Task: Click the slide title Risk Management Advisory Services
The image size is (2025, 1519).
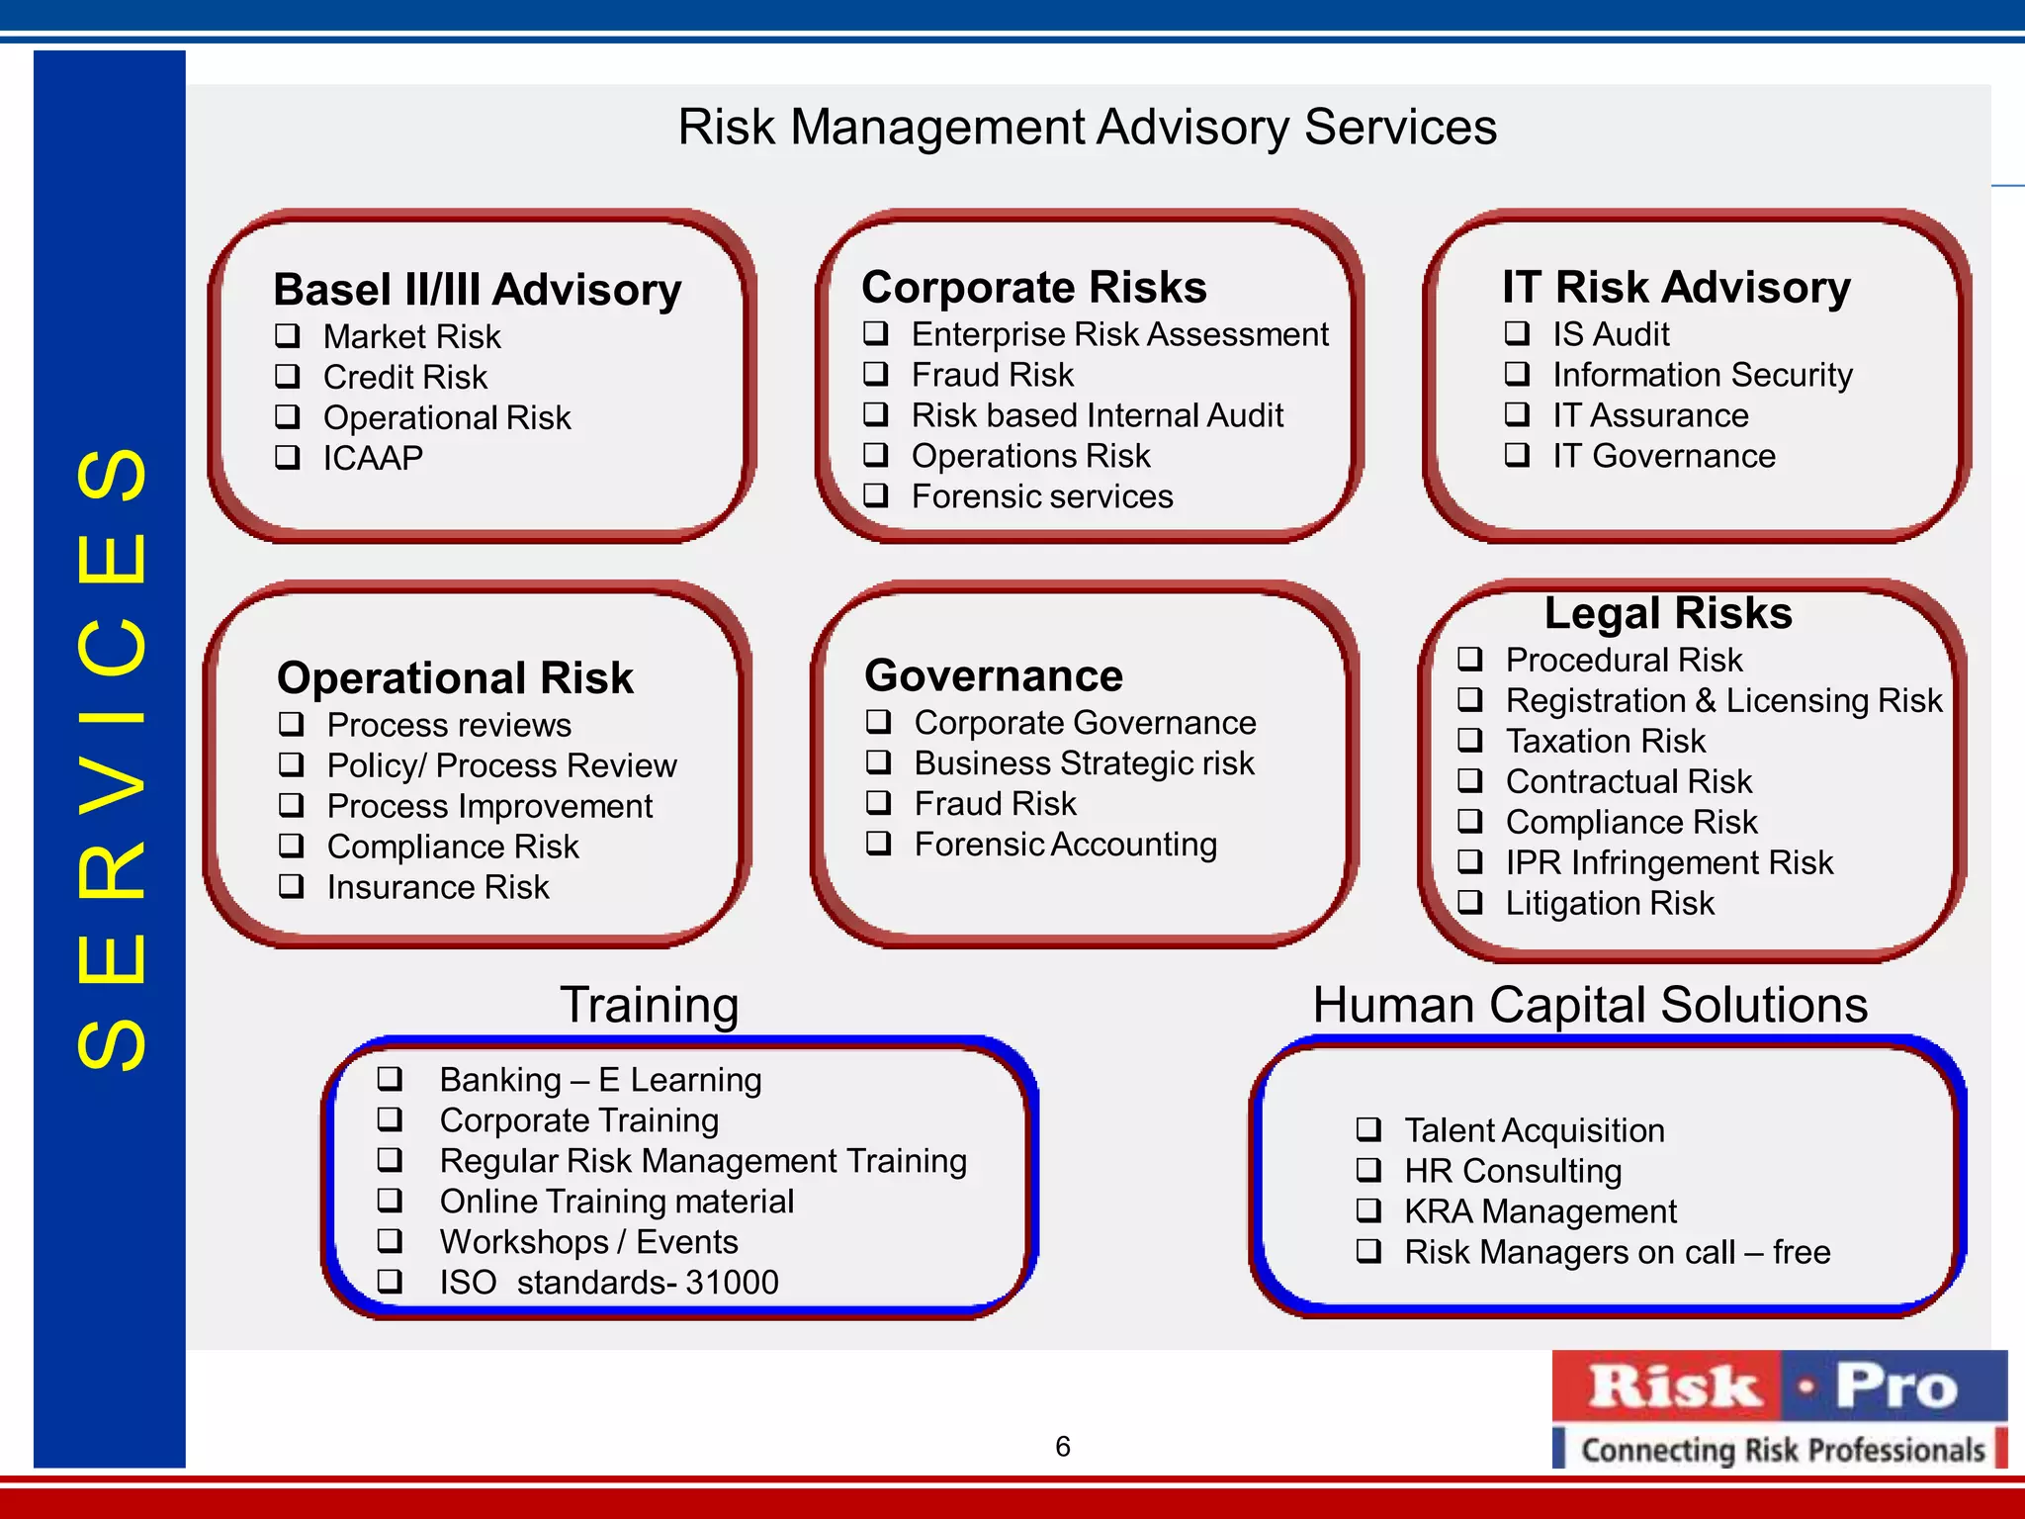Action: pyautogui.click(x=1087, y=128)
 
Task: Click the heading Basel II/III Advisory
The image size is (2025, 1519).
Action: pyautogui.click(x=477, y=290)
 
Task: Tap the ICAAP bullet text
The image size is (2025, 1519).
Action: pyautogui.click(x=373, y=458)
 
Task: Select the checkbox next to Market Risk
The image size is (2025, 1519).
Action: pyautogui.click(x=288, y=335)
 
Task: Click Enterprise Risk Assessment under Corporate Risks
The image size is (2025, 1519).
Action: pyautogui.click(x=1119, y=334)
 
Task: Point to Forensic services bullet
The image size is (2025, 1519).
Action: pyautogui.click(x=1041, y=496)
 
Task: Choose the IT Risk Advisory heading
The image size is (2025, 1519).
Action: pyautogui.click(x=1676, y=287)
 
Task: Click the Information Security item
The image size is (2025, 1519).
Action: pyautogui.click(x=1702, y=375)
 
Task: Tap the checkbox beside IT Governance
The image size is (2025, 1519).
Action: pyautogui.click(x=1517, y=455)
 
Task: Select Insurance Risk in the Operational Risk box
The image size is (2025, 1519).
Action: pyautogui.click(x=437, y=887)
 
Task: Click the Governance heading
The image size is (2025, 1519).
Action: pyautogui.click(x=993, y=675)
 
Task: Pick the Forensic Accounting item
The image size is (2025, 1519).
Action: pyautogui.click(x=1065, y=845)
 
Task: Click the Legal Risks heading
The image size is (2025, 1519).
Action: pyautogui.click(x=1668, y=613)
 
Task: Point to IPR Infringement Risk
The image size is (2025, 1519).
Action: pyautogui.click(x=1668, y=862)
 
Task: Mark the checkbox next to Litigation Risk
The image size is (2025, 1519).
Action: pyautogui.click(x=1470, y=902)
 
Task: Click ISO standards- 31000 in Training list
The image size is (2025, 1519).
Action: pyautogui.click(x=608, y=1283)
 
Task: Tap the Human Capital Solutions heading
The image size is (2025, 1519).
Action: pyautogui.click(x=1589, y=1005)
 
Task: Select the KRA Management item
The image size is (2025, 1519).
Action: pyautogui.click(x=1540, y=1211)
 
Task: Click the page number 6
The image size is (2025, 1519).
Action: pyautogui.click(x=1063, y=1447)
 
